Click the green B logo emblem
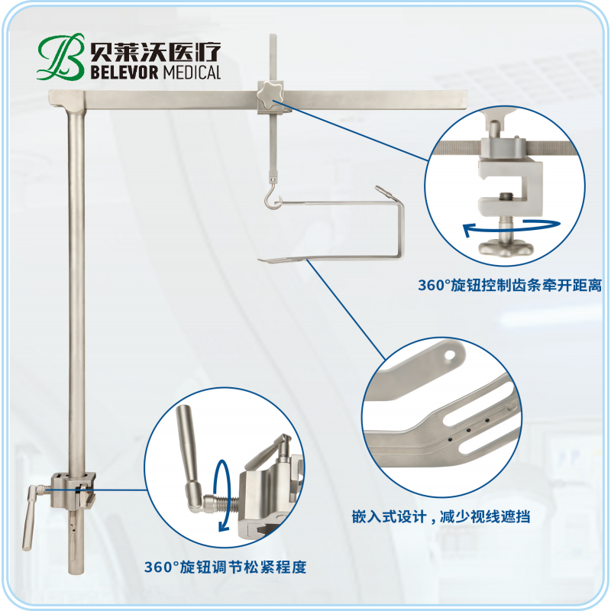[x=61, y=57]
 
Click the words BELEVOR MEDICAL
[x=156, y=73]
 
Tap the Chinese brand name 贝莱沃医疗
[x=156, y=51]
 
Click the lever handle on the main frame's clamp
[x=30, y=518]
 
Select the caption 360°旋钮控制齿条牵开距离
[x=509, y=286]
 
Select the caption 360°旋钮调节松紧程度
[x=225, y=567]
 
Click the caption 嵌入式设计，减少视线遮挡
[x=441, y=517]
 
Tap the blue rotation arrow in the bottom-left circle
[x=222, y=495]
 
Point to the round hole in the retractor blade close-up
[x=451, y=355]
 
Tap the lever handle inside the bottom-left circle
[x=189, y=448]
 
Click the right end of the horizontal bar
[x=467, y=99]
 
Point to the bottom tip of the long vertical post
[x=76, y=573]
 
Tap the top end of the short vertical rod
[x=273, y=35]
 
